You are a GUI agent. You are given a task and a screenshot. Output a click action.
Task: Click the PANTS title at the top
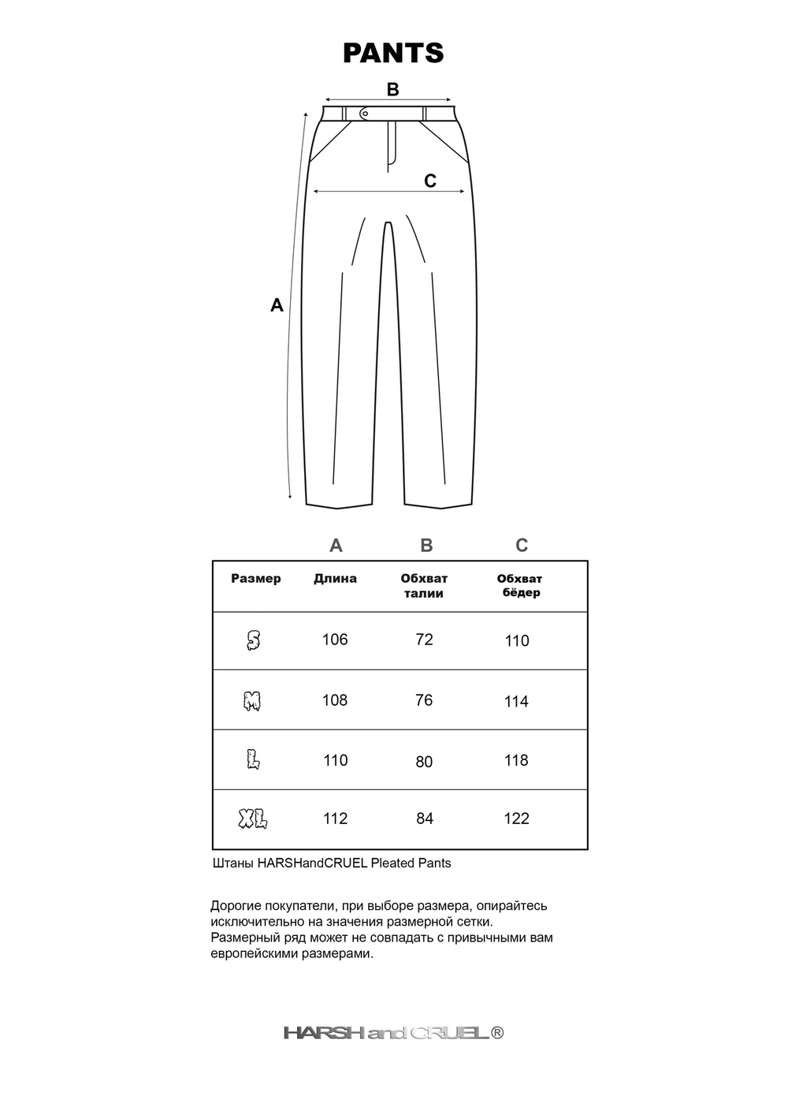[393, 53]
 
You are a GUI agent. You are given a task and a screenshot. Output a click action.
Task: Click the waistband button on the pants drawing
[364, 114]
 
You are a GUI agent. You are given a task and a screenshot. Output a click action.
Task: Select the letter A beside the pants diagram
[277, 305]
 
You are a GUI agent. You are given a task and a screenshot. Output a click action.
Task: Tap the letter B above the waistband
[392, 90]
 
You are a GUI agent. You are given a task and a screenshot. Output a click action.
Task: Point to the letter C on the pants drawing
[430, 181]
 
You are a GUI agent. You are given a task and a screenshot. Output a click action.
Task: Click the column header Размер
[255, 579]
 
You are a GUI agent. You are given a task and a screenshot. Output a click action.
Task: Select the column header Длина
[335, 579]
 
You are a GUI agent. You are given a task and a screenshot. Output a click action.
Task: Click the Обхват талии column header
[424, 586]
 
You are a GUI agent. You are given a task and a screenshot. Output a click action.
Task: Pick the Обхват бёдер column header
[520, 586]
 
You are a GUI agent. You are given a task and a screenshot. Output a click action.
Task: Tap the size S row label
[253, 640]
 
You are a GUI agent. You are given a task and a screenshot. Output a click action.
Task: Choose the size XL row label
[253, 819]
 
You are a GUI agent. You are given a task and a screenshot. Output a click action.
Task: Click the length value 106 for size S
[335, 640]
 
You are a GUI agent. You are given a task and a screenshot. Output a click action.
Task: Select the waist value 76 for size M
[424, 700]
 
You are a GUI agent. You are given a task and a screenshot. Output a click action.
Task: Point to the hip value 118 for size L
[516, 761]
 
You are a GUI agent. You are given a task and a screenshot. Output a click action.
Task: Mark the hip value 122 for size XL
[516, 819]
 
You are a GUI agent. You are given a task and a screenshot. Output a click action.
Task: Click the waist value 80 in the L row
[424, 762]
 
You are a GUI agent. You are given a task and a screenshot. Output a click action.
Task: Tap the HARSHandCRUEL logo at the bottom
[393, 1033]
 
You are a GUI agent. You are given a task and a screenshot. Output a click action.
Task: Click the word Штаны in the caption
[233, 863]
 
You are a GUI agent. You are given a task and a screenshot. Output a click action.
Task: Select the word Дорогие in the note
[235, 906]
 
